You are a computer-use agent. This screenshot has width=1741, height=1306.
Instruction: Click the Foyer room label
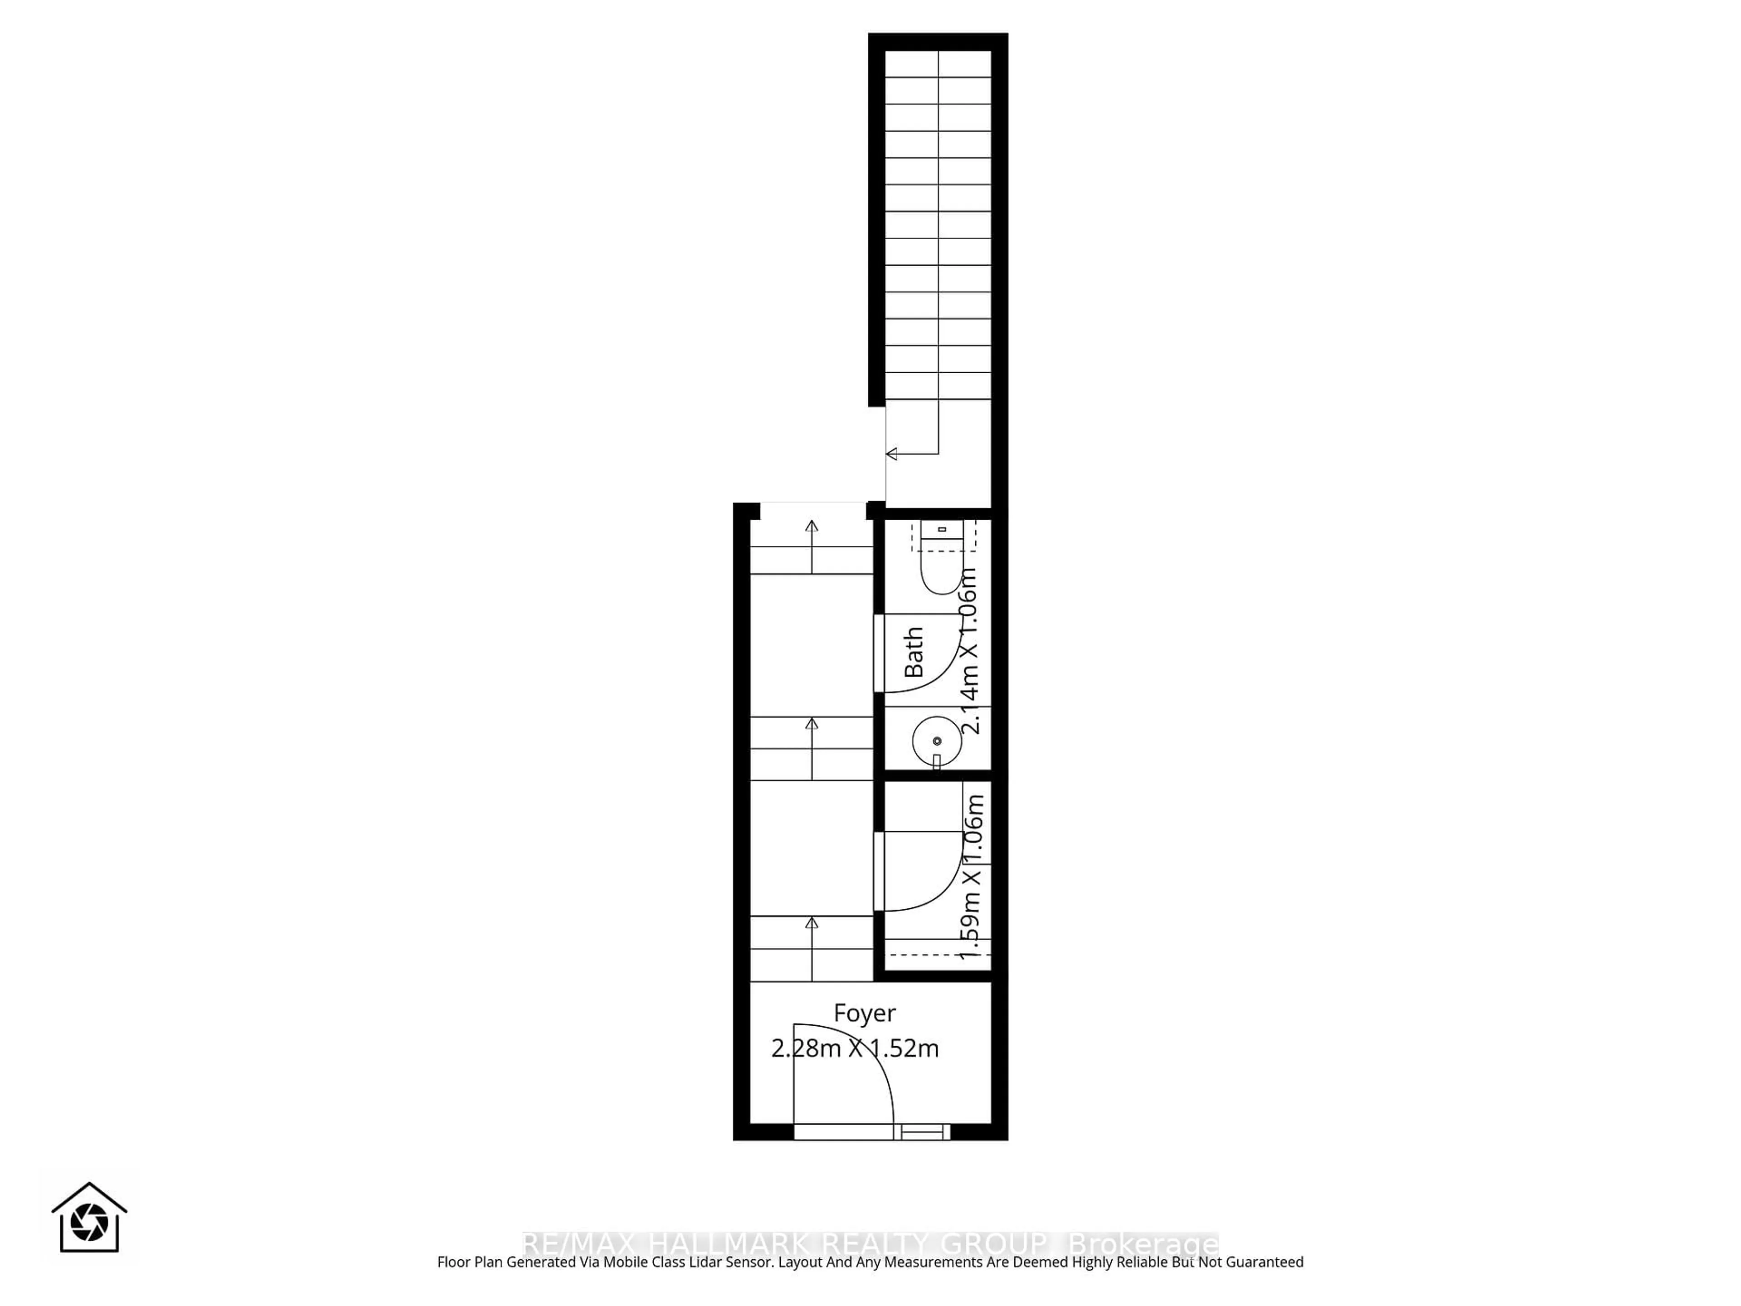(x=864, y=1013)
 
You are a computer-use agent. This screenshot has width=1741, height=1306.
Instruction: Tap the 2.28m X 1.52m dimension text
(x=855, y=1048)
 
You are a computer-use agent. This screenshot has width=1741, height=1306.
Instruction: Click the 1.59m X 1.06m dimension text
(x=973, y=876)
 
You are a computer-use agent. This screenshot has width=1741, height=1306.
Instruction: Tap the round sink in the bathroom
(x=937, y=741)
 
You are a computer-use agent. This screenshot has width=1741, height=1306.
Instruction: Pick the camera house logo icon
(x=89, y=1218)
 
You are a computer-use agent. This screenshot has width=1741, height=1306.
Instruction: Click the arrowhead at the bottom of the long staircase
(x=892, y=454)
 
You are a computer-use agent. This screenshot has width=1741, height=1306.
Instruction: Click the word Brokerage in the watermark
(x=1143, y=1245)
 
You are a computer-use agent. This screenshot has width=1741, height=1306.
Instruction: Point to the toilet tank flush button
(x=941, y=530)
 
